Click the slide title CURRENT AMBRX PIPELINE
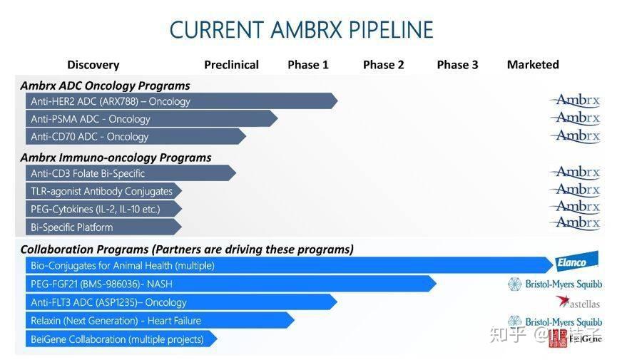point(301,30)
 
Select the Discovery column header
point(93,65)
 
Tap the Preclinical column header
point(231,65)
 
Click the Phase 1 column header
point(308,65)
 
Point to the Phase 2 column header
point(383,65)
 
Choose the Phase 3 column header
point(457,65)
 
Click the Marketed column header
point(533,65)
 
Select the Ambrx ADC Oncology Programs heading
point(105,86)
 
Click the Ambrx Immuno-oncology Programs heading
point(116,158)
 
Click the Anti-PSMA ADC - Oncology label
point(91,119)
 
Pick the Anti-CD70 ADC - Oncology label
point(89,137)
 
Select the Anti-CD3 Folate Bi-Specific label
point(88,173)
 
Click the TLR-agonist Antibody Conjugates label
point(101,191)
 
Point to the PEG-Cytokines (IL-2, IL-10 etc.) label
point(95,210)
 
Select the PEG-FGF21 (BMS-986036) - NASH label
point(101,284)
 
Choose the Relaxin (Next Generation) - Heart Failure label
point(116,321)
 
